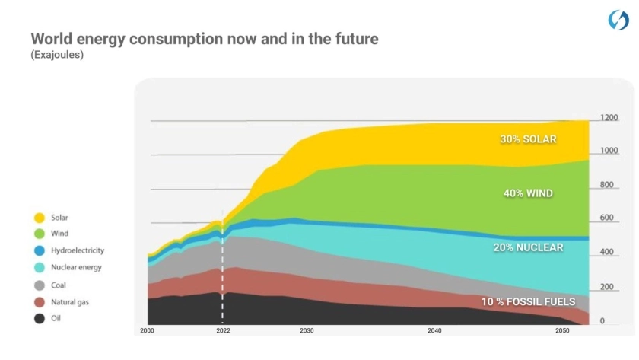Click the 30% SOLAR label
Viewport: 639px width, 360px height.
pyautogui.click(x=528, y=139)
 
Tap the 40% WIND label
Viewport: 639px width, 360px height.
pyautogui.click(x=528, y=193)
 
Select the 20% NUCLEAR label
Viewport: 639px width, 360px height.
pyautogui.click(x=527, y=247)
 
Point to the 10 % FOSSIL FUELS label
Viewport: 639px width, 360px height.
pyautogui.click(x=528, y=302)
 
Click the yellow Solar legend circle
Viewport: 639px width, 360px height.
pyautogui.click(x=39, y=218)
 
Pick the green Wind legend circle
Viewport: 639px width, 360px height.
pyautogui.click(x=39, y=234)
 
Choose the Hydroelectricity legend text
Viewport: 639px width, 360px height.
pyautogui.click(x=78, y=250)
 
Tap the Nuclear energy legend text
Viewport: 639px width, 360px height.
pyautogui.click(x=76, y=268)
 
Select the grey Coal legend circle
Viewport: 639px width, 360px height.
pyautogui.click(x=39, y=285)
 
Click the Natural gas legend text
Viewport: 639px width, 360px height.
pyautogui.click(x=69, y=302)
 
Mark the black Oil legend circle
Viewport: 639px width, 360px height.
pyautogui.click(x=39, y=319)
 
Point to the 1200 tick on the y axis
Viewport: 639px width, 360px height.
pyautogui.click(x=609, y=118)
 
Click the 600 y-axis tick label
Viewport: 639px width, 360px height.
pyautogui.click(x=607, y=218)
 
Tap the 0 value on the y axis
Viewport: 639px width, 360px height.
pyautogui.click(x=602, y=321)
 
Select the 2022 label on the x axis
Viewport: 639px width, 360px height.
pyautogui.click(x=223, y=332)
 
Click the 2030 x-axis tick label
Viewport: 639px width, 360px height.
pyautogui.click(x=307, y=332)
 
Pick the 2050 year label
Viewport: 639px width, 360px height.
pyautogui.click(x=562, y=332)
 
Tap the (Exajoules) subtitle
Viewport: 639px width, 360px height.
pyautogui.click(x=57, y=56)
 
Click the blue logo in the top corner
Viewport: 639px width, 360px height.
pyautogui.click(x=618, y=21)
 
